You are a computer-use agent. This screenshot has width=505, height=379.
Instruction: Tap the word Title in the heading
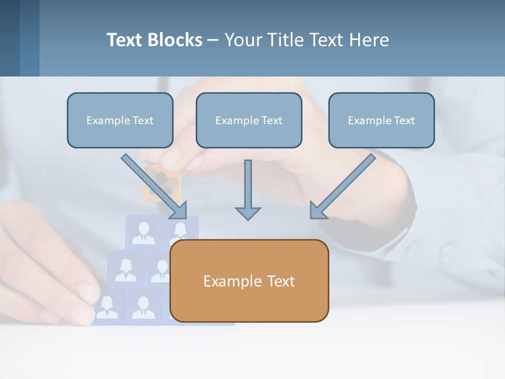point(286,40)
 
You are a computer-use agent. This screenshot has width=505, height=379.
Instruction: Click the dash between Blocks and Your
point(213,40)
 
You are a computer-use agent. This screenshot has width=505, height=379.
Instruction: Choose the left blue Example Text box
point(120,121)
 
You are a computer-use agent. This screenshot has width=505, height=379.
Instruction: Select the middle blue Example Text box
point(249,121)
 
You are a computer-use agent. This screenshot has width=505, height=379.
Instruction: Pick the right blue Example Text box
point(381,121)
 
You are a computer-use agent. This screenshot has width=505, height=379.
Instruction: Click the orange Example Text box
point(249,281)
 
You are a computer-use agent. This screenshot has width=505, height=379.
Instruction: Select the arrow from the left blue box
point(154,185)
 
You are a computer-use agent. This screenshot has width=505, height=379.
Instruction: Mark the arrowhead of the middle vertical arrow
point(248,213)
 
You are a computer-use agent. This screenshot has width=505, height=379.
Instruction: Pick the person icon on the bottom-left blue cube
point(107,307)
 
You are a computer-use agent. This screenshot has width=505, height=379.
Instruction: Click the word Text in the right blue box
point(404,121)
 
